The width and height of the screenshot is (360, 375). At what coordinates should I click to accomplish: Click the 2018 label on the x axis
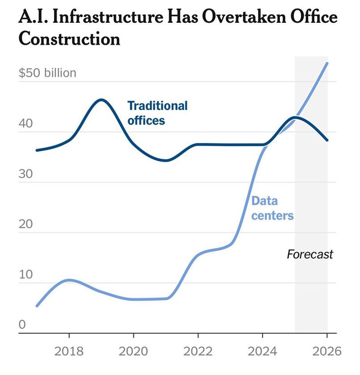tap(69, 351)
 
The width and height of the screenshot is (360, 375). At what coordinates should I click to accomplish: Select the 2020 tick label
tap(133, 351)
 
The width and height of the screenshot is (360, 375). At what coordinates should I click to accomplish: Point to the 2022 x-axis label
tap(198, 351)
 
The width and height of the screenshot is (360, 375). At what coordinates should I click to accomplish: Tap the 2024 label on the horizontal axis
tap(263, 351)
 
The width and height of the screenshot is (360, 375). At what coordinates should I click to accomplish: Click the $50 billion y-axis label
tap(47, 73)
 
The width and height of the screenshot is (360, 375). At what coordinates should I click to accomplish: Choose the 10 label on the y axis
tap(26, 274)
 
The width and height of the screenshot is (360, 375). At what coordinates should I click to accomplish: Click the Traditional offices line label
tap(157, 113)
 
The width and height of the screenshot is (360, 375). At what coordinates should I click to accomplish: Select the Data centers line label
tap(272, 208)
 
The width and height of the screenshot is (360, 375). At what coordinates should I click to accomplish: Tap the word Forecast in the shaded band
tap(310, 255)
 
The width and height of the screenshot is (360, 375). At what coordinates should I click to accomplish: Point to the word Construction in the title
tap(69, 39)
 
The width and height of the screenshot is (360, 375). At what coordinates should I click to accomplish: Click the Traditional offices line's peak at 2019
tap(101, 100)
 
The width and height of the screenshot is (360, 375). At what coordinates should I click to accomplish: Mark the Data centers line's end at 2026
tap(327, 63)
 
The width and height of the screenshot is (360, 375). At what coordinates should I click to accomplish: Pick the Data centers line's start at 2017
tap(37, 306)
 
